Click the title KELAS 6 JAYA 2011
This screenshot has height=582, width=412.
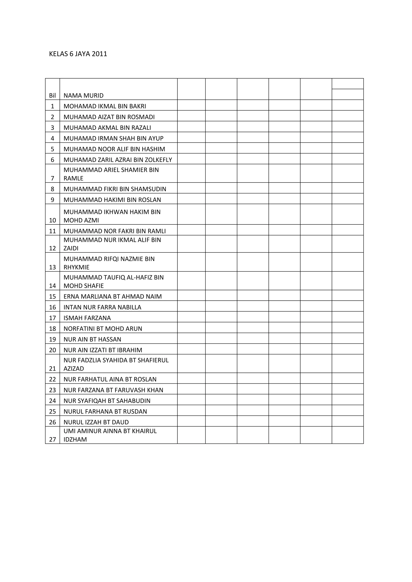[x=78, y=54]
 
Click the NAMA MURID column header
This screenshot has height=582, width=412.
[x=83, y=96]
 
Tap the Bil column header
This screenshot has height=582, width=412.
[x=52, y=96]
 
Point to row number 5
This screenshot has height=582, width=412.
[x=52, y=149]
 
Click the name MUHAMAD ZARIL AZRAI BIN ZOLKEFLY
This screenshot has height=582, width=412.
[x=118, y=160]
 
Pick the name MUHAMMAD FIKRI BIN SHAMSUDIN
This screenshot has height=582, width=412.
[x=115, y=189]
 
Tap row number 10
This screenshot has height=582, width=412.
[x=52, y=220]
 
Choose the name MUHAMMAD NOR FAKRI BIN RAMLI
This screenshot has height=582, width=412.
[x=114, y=231]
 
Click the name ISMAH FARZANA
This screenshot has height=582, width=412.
[x=87, y=318]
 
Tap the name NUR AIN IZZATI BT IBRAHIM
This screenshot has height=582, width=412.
[x=103, y=350]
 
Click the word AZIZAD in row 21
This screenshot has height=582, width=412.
[x=74, y=369]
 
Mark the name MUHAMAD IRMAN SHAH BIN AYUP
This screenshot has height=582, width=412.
[x=113, y=138]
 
